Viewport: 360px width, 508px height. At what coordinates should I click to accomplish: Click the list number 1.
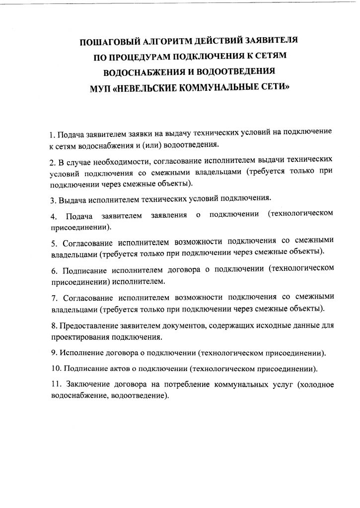point(52,135)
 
